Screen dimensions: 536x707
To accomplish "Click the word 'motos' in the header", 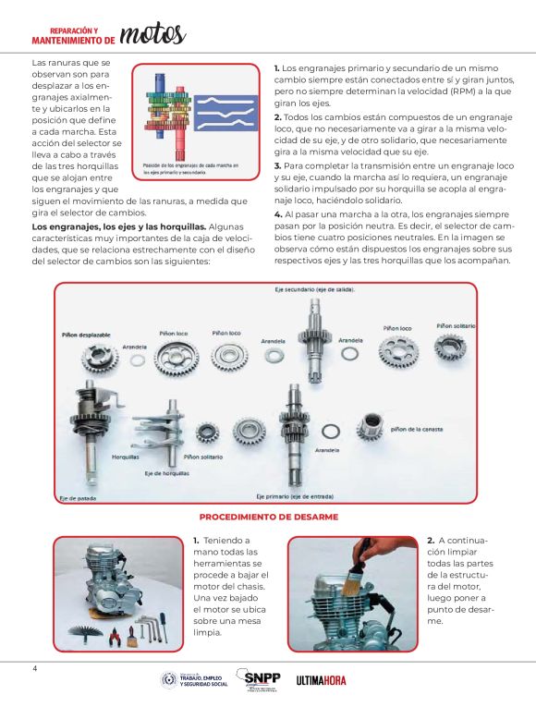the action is click(153, 34).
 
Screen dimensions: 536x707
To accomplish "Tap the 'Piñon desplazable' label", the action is click(86, 335).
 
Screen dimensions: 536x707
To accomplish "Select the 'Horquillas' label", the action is click(126, 457).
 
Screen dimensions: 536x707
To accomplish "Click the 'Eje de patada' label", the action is click(78, 498).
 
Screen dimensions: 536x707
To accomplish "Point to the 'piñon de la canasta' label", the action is click(417, 429).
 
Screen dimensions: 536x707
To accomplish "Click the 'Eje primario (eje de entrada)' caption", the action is click(295, 496).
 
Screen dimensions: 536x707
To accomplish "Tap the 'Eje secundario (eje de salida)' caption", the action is click(314, 289).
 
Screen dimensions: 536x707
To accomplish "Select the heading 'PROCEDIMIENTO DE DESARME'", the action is click(269, 517).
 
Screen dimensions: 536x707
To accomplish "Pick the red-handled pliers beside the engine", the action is click(114, 636).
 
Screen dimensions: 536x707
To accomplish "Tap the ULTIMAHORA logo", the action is click(321, 680).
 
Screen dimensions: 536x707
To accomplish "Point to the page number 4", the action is click(35, 668).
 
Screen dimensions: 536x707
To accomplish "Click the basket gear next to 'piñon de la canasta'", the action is click(370, 427).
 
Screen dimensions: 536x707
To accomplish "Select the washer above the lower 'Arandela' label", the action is click(331, 432).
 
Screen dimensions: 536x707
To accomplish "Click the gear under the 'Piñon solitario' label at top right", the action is click(450, 349).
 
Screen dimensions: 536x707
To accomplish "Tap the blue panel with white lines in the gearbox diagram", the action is click(225, 113).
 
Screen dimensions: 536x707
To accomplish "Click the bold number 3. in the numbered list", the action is click(277, 166).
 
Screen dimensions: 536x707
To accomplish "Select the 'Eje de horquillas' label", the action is click(166, 473).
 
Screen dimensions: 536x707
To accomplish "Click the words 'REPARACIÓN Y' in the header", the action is click(74, 31).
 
